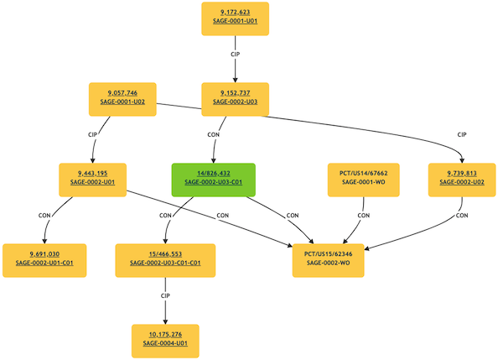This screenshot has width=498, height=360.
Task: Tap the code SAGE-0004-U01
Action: pos(165,345)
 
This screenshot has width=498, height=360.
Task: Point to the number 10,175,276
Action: pos(165,335)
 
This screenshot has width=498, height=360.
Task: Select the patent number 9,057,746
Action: pos(123,92)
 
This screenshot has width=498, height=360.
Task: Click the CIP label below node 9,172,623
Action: pos(236,54)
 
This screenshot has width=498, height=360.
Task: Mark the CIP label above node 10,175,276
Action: pos(165,295)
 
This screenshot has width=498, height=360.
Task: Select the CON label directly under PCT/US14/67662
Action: pos(364,215)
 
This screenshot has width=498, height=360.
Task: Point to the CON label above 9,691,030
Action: pos(46,216)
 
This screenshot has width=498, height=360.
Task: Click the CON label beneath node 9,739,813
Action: pos(462,216)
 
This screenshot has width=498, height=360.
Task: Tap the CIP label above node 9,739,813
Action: pos(462,134)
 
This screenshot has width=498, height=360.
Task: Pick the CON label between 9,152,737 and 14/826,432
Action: pos(213,134)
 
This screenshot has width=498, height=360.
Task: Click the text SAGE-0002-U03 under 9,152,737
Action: pos(236,102)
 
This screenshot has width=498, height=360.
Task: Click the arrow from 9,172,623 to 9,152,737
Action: pos(236,69)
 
